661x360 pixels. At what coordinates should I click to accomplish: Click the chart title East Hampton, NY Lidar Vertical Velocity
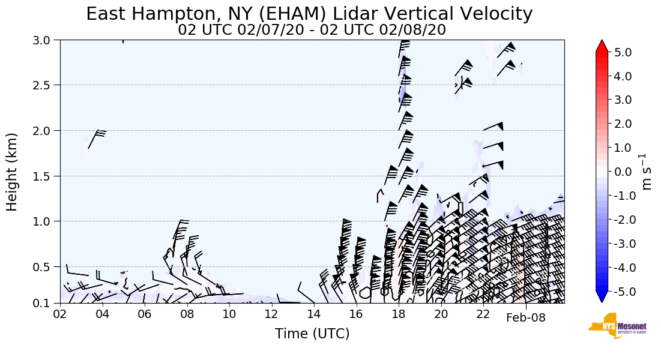[x=309, y=14]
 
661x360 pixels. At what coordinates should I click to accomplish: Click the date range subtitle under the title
[x=312, y=30]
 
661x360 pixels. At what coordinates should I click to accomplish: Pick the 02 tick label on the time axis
[x=60, y=314]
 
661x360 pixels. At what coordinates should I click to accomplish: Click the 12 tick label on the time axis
[x=271, y=314]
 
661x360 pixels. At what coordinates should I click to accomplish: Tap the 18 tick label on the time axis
[x=399, y=314]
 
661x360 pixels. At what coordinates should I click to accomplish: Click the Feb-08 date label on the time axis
[x=526, y=318]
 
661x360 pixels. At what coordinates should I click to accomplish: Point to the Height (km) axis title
[x=13, y=172]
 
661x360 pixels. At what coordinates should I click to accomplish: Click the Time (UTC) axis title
[x=312, y=334]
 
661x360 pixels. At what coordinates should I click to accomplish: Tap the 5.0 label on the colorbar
[x=623, y=53]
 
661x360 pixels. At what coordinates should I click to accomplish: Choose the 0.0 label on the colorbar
[x=623, y=172]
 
